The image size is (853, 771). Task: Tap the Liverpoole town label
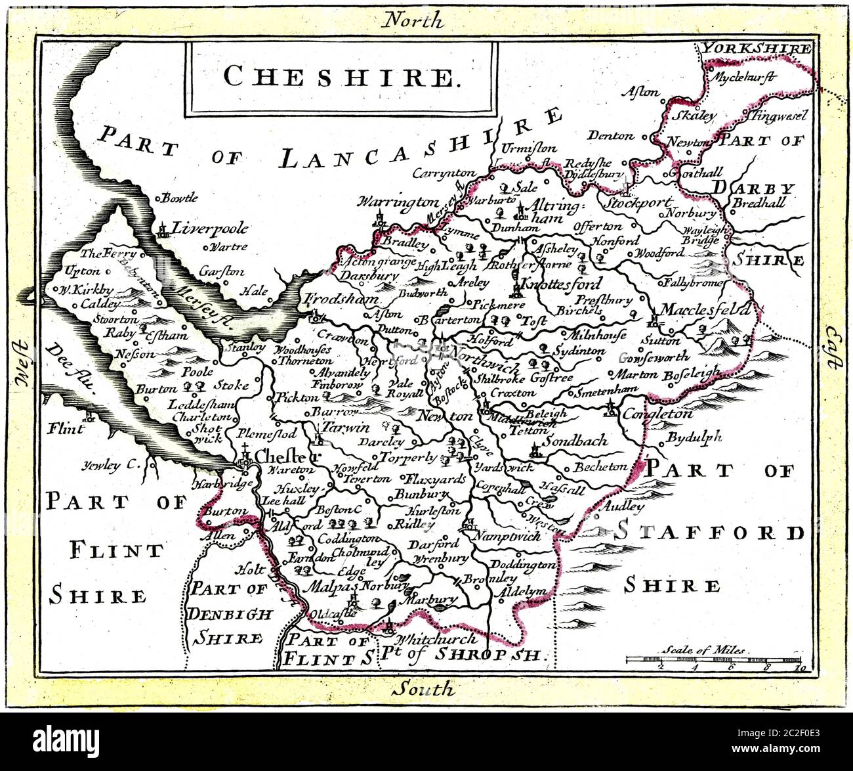[x=210, y=229]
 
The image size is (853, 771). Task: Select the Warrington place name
[x=398, y=202]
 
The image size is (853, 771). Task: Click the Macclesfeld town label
[x=705, y=309]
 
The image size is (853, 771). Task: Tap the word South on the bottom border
[x=423, y=689]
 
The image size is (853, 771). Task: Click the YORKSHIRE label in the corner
[x=755, y=49]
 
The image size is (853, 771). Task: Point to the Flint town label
[x=66, y=429]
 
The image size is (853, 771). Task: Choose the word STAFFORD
[x=710, y=532]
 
